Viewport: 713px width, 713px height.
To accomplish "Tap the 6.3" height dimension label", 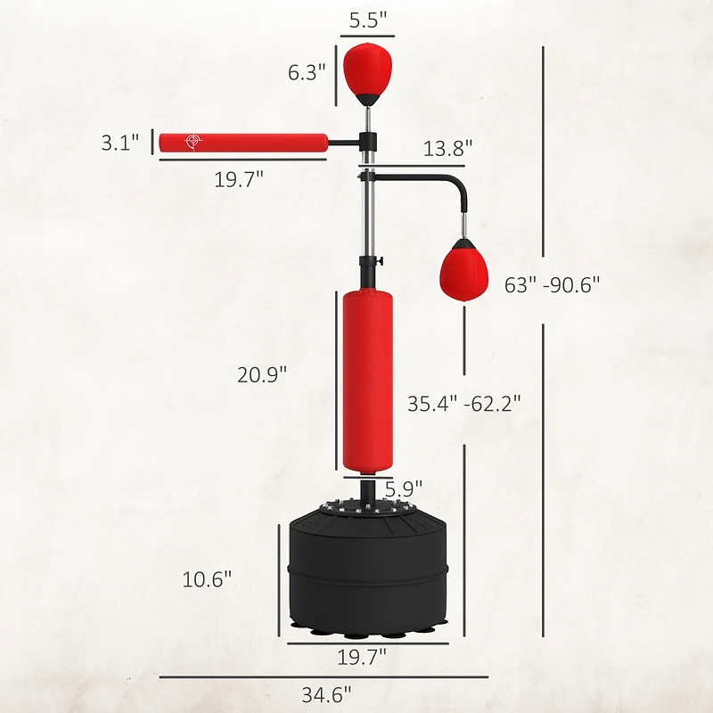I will coord(307,72).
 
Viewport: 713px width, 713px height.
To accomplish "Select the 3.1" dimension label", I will coord(120,143).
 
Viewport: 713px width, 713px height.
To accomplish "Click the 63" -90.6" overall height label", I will coord(552,284).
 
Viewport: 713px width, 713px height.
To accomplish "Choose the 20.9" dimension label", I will coord(261,375).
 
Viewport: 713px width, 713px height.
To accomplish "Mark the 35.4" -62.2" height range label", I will coord(463,403).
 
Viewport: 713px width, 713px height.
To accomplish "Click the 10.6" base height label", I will coord(207,578).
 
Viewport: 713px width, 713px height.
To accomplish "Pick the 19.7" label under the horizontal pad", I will coord(239,177).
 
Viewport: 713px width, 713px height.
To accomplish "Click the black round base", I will coord(367,570).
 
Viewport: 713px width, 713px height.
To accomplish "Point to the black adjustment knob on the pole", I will coord(379,261).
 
